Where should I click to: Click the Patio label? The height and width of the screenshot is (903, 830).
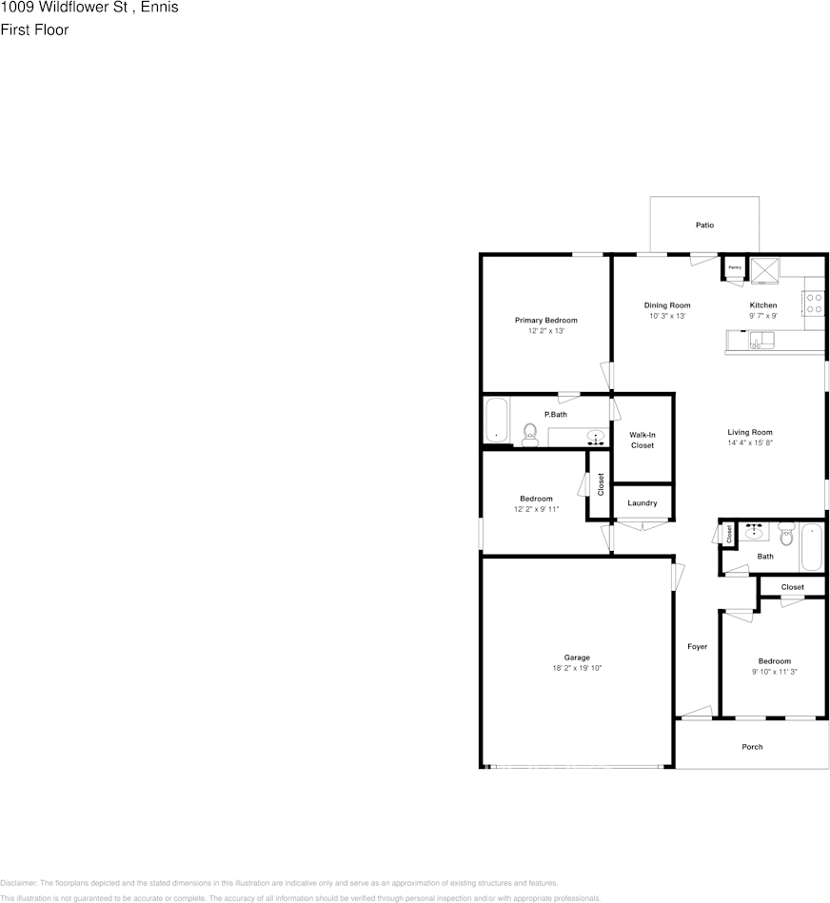click(704, 226)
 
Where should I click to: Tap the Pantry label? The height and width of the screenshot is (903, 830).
click(734, 268)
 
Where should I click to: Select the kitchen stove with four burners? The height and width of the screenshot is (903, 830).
click(814, 304)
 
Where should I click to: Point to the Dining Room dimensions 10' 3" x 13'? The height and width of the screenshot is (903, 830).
click(667, 316)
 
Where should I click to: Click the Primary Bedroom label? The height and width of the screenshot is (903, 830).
click(545, 321)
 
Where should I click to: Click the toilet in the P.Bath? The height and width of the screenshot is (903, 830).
click(530, 433)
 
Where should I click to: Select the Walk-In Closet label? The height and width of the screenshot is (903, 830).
click(642, 440)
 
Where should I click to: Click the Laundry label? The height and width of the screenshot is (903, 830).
click(642, 503)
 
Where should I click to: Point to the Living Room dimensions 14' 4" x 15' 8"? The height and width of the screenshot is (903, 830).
click(750, 443)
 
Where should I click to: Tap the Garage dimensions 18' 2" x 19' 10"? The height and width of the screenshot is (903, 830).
click(577, 668)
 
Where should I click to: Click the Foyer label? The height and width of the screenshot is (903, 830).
click(698, 647)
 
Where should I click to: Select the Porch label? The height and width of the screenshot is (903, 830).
click(752, 747)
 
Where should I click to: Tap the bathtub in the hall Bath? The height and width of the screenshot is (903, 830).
click(811, 546)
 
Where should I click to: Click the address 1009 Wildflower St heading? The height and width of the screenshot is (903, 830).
click(89, 9)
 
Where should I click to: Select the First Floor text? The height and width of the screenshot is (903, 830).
click(34, 29)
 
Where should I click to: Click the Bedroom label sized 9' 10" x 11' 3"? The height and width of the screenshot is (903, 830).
click(774, 661)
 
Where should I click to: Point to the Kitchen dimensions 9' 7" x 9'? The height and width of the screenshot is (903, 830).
click(763, 316)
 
